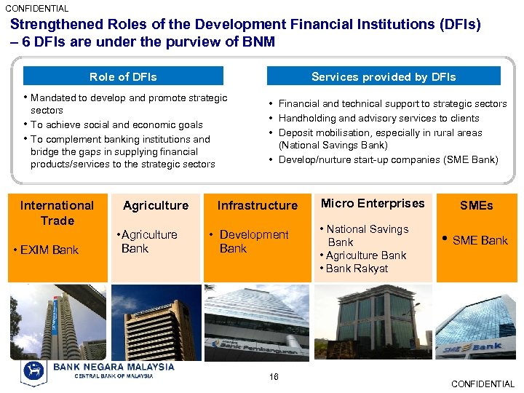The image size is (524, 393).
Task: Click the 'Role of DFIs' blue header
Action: (123, 76)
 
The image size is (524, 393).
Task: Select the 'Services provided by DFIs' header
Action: (384, 76)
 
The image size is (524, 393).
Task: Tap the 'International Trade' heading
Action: (57, 213)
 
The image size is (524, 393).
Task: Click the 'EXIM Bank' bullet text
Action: (49, 250)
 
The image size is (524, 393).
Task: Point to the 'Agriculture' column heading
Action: (156, 206)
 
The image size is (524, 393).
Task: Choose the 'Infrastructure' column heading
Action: (257, 206)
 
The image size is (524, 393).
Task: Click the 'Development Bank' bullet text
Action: (253, 242)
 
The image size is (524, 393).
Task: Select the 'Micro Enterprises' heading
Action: (373, 204)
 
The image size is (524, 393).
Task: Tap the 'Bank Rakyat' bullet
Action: (357, 269)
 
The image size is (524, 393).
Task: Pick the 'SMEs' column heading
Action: (476, 206)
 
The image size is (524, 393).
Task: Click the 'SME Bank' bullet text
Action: (480, 240)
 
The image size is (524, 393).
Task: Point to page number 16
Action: (274, 376)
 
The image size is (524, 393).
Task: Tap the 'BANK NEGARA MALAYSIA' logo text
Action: (114, 367)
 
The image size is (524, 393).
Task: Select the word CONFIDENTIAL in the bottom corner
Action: (483, 384)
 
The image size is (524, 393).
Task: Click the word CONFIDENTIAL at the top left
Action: (37, 9)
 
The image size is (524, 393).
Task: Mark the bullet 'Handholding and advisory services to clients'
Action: (378, 118)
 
